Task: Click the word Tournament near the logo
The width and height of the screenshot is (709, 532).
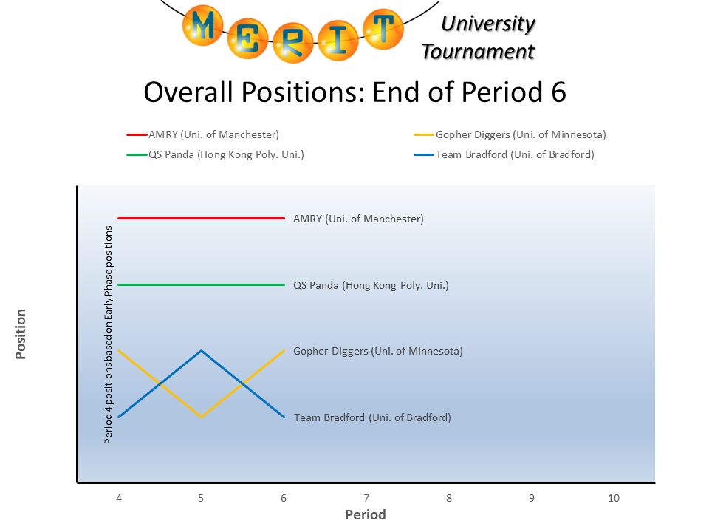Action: coord(478,52)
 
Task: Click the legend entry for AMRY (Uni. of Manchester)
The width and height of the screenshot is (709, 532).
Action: coord(203,134)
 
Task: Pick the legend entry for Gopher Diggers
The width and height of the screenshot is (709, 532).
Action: coord(510,134)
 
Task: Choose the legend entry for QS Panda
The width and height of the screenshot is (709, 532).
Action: coord(216,154)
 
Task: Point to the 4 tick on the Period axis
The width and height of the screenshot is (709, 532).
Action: coord(118,499)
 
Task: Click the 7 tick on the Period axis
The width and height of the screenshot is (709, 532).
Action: coord(366,499)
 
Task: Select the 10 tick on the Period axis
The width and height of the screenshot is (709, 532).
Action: coord(613,499)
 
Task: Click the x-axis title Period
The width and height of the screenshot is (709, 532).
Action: coord(366,515)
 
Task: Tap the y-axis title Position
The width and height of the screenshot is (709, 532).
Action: coord(21,334)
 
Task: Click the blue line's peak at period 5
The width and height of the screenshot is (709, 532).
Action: coord(201,351)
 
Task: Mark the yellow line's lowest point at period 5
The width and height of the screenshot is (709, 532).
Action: coord(201,417)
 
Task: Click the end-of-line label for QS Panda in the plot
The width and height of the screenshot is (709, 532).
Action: coord(371,285)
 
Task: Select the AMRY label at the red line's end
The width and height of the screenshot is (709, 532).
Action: coord(358,219)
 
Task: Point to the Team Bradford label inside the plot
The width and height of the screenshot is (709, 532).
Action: coord(372,417)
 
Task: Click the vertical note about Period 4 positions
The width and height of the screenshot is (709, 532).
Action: coord(109,334)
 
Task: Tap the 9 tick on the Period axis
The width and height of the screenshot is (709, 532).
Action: coord(531,499)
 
